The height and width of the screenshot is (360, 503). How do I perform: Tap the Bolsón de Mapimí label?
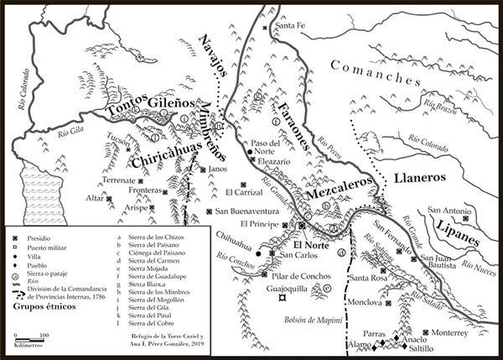pos(298,320)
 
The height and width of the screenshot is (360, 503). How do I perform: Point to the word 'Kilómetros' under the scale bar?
pos(31,346)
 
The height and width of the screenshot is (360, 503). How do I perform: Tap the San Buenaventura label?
pos(248,211)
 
